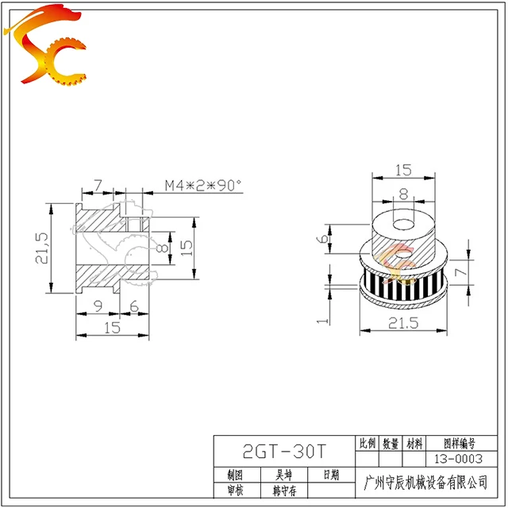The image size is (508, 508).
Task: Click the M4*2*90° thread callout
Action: click(202, 185)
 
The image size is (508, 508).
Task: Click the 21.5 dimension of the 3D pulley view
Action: click(404, 322)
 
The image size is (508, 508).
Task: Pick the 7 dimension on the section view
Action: click(97, 185)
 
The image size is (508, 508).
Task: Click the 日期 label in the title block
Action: click(331, 475)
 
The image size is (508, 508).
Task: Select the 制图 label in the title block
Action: click(234, 475)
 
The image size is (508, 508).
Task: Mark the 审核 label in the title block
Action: click(234, 491)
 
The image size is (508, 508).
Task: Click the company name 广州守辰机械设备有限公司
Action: click(425, 483)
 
